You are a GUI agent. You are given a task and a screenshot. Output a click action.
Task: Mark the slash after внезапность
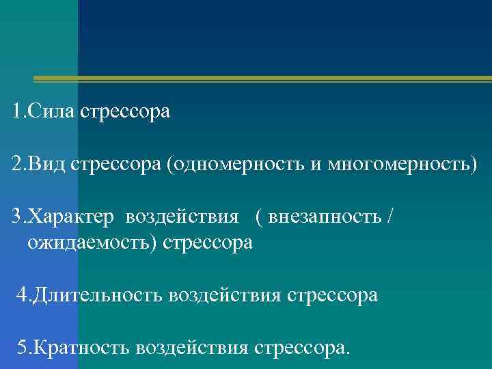point(390,218)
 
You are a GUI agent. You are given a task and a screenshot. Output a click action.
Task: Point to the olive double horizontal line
point(262,80)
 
